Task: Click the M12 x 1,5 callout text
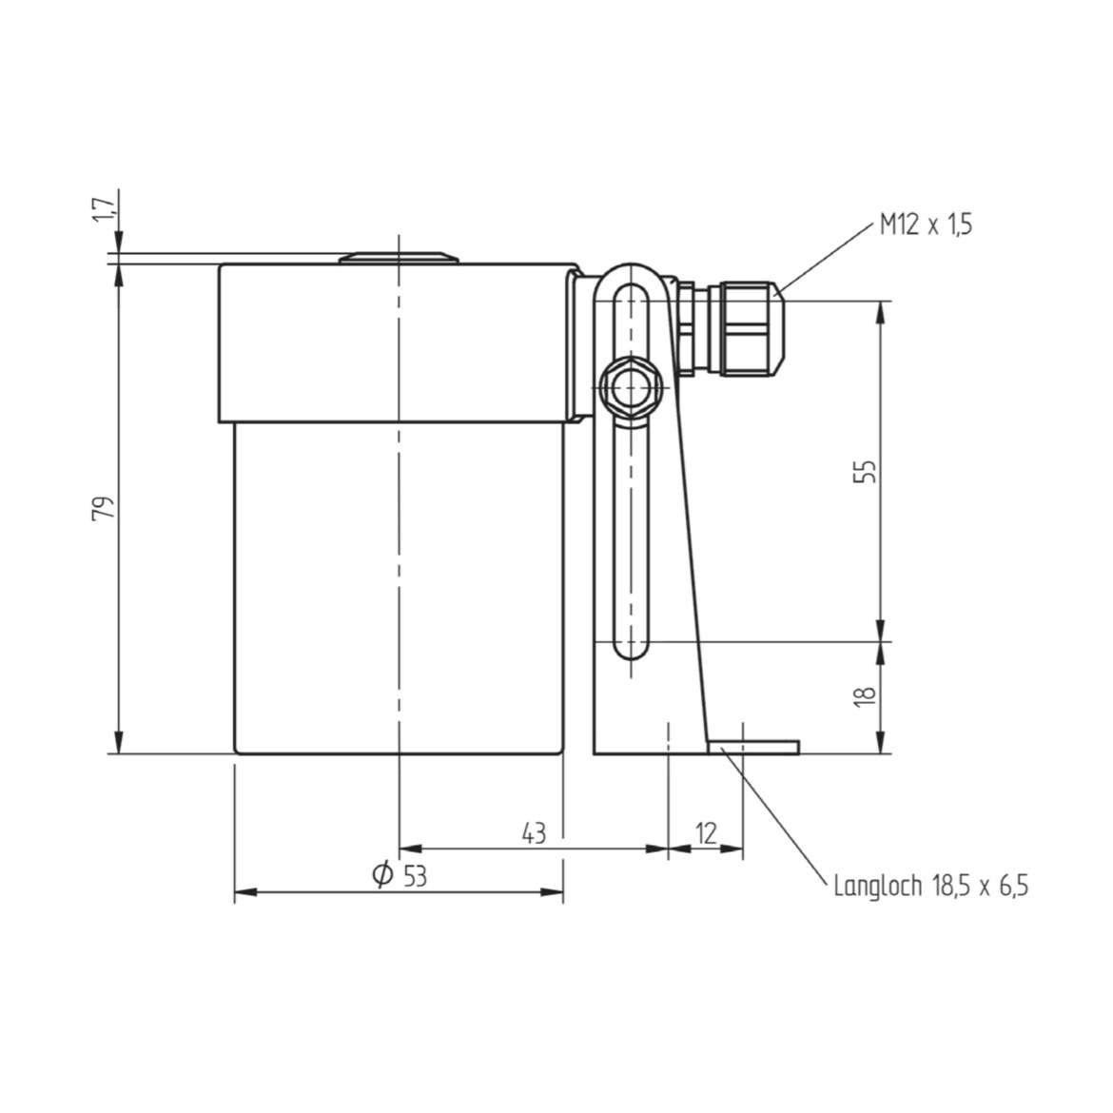pyautogui.click(x=926, y=225)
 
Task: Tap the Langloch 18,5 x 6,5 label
pyautogui.click(x=930, y=886)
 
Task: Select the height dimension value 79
pyautogui.click(x=104, y=508)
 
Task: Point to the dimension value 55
pyautogui.click(x=866, y=471)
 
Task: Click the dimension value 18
pyautogui.click(x=866, y=695)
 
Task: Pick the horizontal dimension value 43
pyautogui.click(x=534, y=833)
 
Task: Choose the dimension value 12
pyautogui.click(x=706, y=833)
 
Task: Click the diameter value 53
pyautogui.click(x=416, y=877)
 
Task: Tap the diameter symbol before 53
pyautogui.click(x=382, y=874)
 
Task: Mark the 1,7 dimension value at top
pyautogui.click(x=104, y=210)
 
